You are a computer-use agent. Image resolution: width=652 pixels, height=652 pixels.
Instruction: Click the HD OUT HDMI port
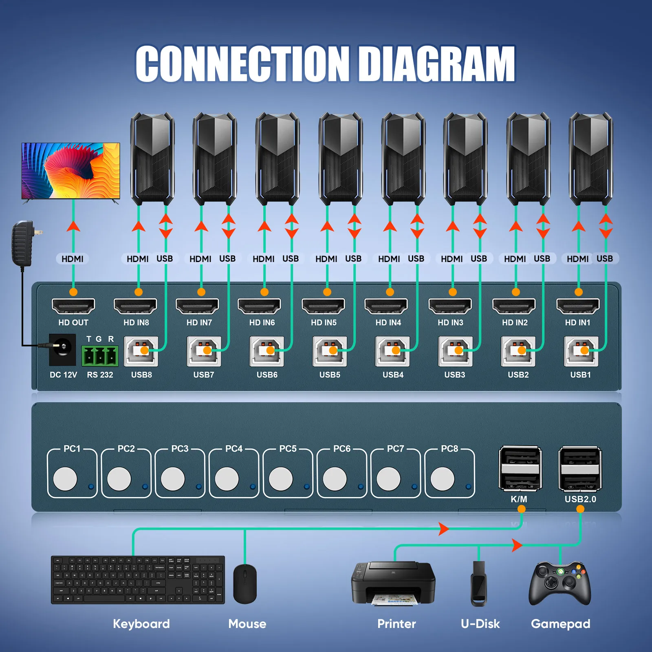(x=73, y=306)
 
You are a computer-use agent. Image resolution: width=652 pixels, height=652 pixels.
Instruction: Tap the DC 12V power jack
(x=62, y=350)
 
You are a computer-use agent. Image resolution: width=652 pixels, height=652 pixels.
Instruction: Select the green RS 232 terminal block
(x=100, y=356)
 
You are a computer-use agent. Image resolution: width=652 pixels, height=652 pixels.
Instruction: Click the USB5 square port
(x=330, y=351)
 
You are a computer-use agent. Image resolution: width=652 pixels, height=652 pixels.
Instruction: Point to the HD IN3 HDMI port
(x=450, y=306)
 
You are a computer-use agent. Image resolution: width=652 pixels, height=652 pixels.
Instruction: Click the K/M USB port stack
(x=520, y=469)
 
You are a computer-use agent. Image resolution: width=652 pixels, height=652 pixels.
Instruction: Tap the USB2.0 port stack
(x=580, y=469)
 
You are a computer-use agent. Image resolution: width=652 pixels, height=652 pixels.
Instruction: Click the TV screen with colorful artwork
(x=71, y=170)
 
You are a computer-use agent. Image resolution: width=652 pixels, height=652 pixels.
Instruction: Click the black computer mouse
(x=245, y=584)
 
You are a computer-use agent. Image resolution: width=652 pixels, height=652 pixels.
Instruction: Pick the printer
(x=393, y=583)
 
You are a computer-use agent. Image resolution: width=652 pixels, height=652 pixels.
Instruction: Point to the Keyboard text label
(x=141, y=624)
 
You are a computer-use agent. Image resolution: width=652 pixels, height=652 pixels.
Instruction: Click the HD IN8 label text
(x=136, y=323)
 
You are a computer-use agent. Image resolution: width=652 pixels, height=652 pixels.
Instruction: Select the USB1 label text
(x=580, y=374)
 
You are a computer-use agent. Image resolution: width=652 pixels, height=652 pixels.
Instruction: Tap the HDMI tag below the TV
(x=73, y=259)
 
